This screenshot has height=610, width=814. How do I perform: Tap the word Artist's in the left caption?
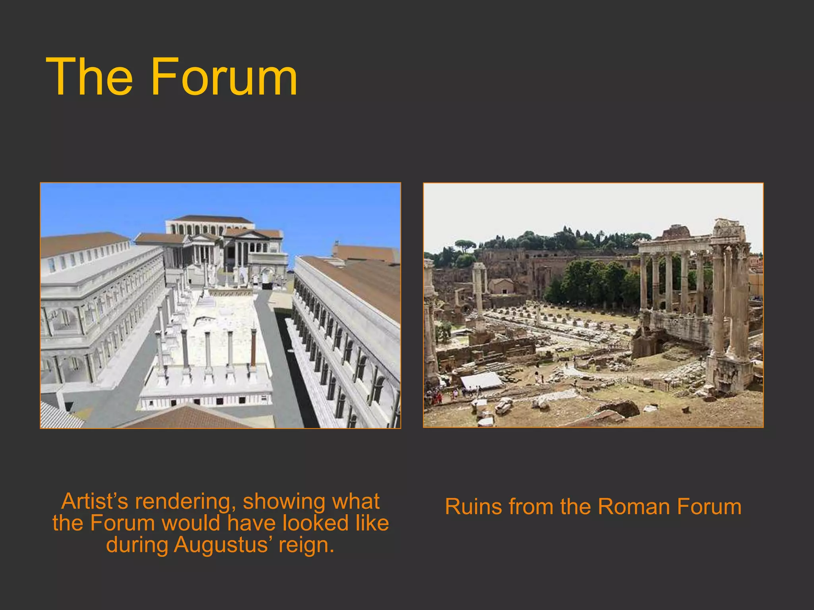[95, 501]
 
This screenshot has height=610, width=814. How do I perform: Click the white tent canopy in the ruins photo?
[481, 380]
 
